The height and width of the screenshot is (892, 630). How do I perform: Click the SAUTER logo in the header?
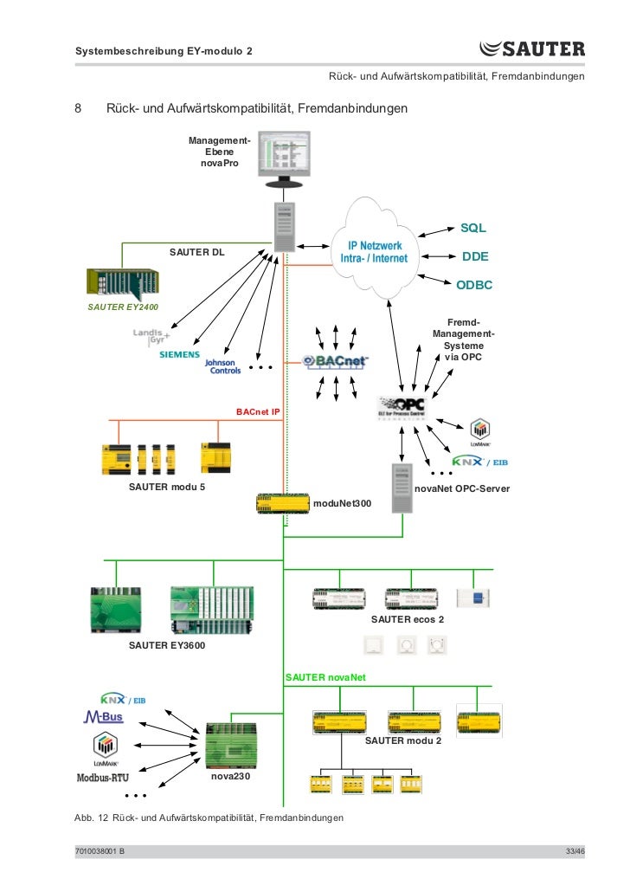[531, 50]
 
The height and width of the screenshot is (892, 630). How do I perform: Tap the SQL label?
[472, 228]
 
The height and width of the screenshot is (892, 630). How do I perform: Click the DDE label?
[475, 256]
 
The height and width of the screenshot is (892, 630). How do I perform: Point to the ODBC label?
[474, 285]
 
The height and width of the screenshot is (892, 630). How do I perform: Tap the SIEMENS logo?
[178, 355]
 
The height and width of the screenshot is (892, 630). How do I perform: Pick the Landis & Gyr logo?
[151, 336]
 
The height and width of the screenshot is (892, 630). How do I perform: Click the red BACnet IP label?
[258, 411]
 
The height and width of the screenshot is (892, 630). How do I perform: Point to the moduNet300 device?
[282, 502]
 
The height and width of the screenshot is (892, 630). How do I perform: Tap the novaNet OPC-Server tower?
[401, 488]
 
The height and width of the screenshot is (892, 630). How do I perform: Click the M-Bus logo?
[103, 717]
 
